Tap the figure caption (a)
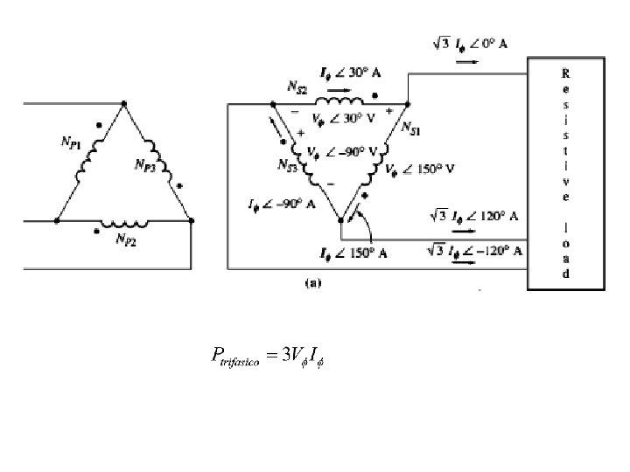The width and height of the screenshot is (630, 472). [x=312, y=283]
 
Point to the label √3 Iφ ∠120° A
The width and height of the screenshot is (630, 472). [x=475, y=214]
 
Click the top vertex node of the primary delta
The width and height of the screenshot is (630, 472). [x=123, y=104]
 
